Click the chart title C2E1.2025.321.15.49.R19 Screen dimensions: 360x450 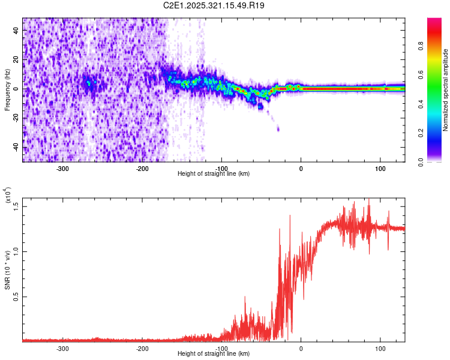coord(214,5)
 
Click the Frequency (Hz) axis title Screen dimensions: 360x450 coord(7,90)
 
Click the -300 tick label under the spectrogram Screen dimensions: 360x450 coord(63,168)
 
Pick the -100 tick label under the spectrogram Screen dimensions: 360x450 coord(222,168)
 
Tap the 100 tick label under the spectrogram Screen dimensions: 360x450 coord(380,168)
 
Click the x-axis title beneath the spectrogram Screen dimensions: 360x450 coord(214,174)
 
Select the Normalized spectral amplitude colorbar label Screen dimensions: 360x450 coord(446,90)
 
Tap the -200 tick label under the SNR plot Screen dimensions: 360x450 coord(143,348)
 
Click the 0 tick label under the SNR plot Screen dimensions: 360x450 coord(301,348)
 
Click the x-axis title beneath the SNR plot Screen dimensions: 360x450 coord(214,354)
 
